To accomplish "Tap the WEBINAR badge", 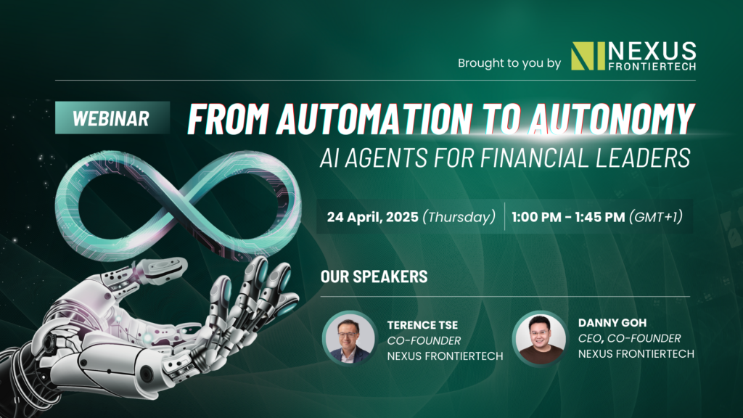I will [x=112, y=118].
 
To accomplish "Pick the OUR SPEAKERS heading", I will [x=374, y=277].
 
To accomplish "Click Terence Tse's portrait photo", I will [x=349, y=338].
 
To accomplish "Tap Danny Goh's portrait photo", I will [x=539, y=338].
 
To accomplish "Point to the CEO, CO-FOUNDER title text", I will [x=630, y=338].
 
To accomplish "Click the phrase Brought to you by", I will [x=509, y=64].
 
